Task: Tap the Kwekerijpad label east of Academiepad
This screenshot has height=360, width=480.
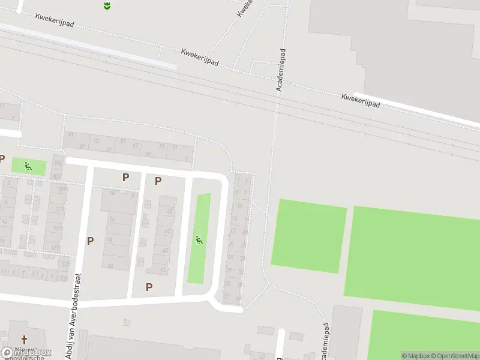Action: click(x=361, y=100)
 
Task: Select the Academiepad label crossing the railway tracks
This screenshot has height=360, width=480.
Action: click(x=279, y=70)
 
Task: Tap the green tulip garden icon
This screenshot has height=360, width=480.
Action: click(x=107, y=6)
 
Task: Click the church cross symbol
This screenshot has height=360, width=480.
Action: click(x=25, y=340)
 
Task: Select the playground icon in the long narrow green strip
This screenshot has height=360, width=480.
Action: click(x=199, y=241)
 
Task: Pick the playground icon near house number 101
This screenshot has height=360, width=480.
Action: click(x=28, y=166)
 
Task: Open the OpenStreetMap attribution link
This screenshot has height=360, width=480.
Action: click(x=454, y=356)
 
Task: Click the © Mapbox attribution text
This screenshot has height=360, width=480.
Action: click(x=416, y=356)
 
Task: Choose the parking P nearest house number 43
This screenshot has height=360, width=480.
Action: click(x=149, y=287)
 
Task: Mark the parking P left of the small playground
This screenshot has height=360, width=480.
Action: click(x=2, y=158)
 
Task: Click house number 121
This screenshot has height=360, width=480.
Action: click(x=56, y=248)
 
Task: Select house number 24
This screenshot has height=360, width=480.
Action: click(x=110, y=266)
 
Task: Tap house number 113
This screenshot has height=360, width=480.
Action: click(x=59, y=209)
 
